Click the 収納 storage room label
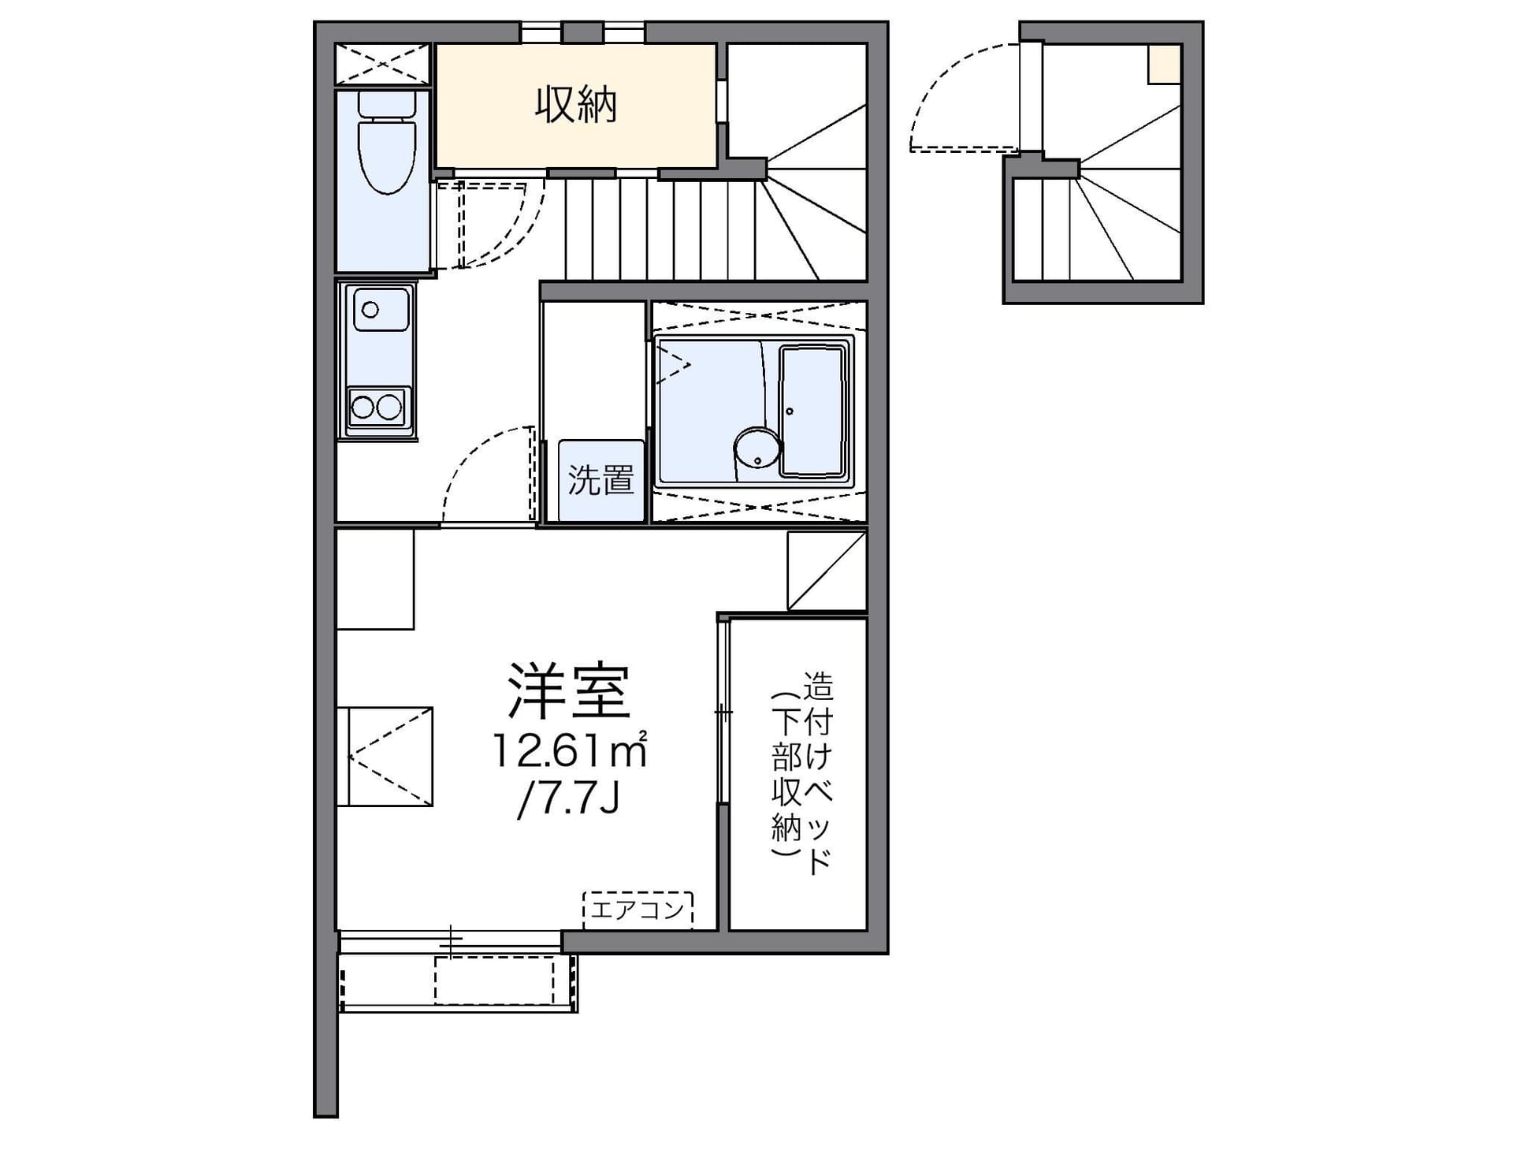[576, 104]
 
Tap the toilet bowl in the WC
[386, 156]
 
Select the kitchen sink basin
[381, 309]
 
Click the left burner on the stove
[362, 408]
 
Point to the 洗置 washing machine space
[601, 480]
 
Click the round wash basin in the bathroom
[756, 448]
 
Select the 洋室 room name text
[569, 691]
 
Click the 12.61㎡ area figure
[569, 750]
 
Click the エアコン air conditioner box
[638, 910]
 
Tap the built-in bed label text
[802, 772]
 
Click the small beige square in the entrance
[1164, 64]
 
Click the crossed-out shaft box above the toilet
[383, 64]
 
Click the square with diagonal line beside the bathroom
[827, 570]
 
